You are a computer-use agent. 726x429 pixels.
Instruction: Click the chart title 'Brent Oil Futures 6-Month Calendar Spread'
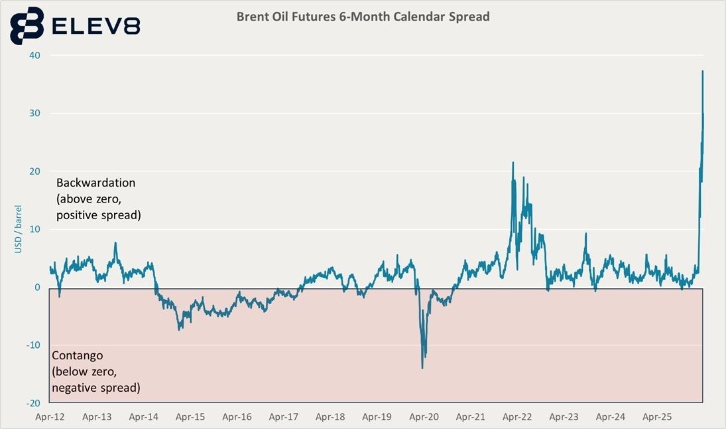363,17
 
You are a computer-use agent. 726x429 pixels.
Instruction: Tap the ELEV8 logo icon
27,26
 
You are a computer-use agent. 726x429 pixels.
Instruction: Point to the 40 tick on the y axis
35,55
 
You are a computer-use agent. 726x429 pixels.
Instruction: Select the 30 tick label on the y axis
35,114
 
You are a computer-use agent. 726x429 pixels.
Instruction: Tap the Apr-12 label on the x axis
50,418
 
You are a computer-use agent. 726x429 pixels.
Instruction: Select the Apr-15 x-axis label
190,418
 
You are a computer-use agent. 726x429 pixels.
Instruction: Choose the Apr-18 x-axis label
330,418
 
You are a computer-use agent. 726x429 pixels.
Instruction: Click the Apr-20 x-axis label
424,418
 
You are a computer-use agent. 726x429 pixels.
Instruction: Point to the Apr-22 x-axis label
517,418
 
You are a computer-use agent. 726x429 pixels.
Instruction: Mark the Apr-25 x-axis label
657,418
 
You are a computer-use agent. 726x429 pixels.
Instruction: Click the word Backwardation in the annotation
95,182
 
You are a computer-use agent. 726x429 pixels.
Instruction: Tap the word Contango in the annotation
77,356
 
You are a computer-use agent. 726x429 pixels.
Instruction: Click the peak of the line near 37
702,71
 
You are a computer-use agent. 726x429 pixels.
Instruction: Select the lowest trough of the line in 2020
422,368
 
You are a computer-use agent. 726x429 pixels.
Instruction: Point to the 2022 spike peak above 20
513,162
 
